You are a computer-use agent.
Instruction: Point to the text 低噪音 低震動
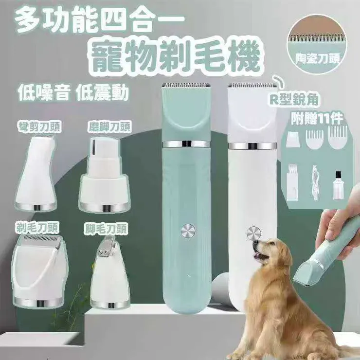73,92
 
